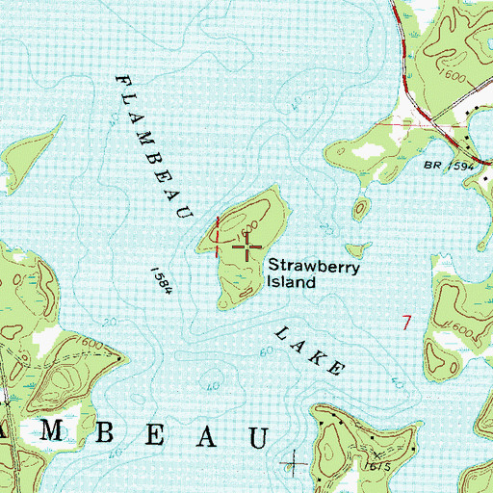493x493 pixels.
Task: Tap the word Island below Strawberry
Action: (x=291, y=283)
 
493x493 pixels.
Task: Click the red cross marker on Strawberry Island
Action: (x=248, y=248)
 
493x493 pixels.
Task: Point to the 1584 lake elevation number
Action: (x=159, y=283)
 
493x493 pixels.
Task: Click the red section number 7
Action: (x=407, y=323)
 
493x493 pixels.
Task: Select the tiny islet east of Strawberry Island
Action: (x=361, y=207)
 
